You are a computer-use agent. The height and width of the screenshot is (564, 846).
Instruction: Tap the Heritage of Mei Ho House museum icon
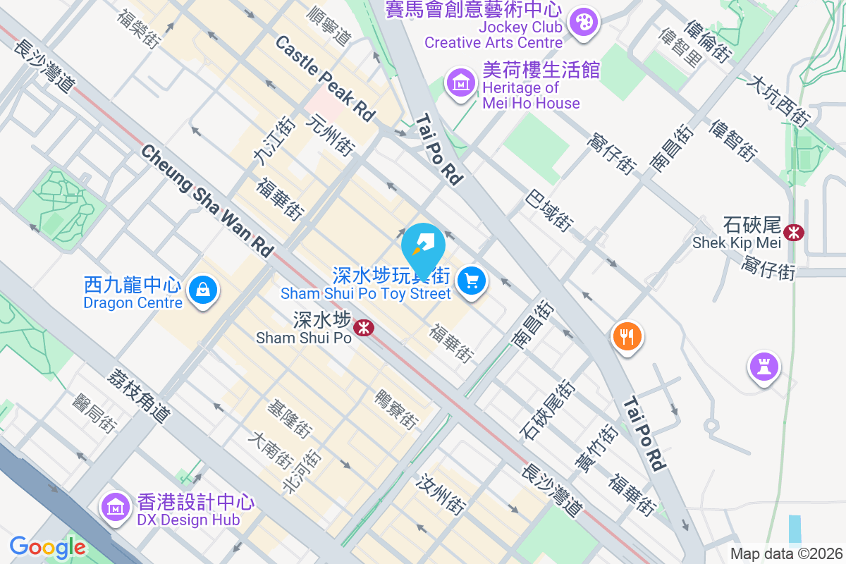pyautogui.click(x=461, y=83)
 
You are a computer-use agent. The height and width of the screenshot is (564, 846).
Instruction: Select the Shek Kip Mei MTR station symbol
pyautogui.click(x=794, y=231)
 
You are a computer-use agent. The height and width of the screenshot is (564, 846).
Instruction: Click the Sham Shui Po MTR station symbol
pyautogui.click(x=364, y=327)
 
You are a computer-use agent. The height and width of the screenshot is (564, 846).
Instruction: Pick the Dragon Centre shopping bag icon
pyautogui.click(x=203, y=289)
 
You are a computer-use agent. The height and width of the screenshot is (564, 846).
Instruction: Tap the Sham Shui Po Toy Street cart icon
pyautogui.click(x=471, y=282)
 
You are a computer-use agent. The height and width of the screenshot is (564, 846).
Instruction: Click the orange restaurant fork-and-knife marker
pyautogui.click(x=627, y=336)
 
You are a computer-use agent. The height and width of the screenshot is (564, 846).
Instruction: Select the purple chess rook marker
pyautogui.click(x=765, y=366)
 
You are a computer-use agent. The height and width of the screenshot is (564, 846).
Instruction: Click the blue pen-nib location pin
pyautogui.click(x=424, y=244)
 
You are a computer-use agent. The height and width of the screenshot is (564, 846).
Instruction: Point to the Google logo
pyautogui.click(x=47, y=546)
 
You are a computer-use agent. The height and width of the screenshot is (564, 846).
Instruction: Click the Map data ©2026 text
pyautogui.click(x=786, y=553)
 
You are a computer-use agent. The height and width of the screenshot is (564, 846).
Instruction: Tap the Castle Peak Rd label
pyautogui.click(x=325, y=79)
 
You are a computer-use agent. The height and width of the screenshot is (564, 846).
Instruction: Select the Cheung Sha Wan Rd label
pyautogui.click(x=207, y=201)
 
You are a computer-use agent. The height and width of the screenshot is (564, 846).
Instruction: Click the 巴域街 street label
pyautogui.click(x=548, y=209)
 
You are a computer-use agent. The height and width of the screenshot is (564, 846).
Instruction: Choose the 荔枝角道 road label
pyautogui.click(x=139, y=396)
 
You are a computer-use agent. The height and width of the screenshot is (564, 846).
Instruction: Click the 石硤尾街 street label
pyautogui.click(x=547, y=410)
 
